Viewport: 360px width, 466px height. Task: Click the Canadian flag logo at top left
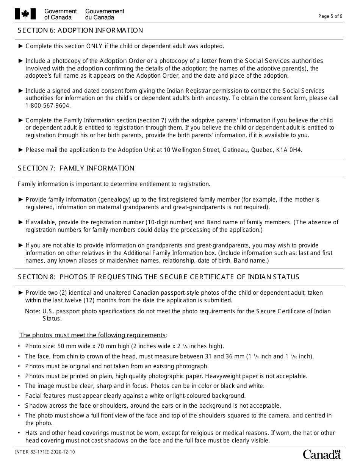coord(25,14)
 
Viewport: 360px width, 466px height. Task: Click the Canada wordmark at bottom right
coord(322,454)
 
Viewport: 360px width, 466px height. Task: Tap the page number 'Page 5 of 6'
coord(330,16)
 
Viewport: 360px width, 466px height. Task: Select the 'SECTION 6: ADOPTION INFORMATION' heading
coord(80,31)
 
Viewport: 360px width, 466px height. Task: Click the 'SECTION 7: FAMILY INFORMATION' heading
coord(76,168)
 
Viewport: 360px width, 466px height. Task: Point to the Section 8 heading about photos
coord(158,277)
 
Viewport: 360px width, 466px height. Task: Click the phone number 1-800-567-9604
coord(48,106)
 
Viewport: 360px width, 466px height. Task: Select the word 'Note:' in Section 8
coord(33,311)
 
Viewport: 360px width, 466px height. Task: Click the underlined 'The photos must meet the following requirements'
coord(93,335)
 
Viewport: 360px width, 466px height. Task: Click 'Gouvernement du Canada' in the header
coord(105,14)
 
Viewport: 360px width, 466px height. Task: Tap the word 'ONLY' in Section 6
coord(95,46)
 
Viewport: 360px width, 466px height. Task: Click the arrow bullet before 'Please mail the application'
coord(20,150)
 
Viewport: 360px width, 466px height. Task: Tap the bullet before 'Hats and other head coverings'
coord(19,433)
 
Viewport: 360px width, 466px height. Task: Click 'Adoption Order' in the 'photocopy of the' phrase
coord(122,61)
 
